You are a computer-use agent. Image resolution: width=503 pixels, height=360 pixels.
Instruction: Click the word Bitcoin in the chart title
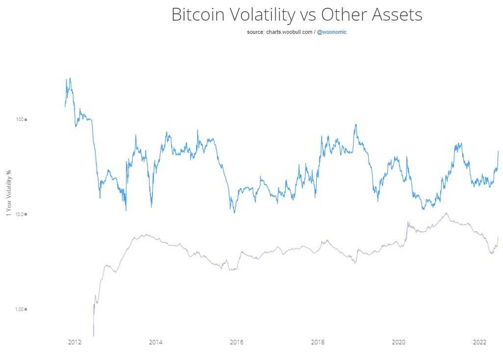[199, 15]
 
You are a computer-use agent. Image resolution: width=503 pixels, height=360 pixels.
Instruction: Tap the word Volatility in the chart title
[261, 15]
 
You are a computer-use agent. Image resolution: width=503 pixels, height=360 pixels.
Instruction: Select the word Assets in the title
[397, 15]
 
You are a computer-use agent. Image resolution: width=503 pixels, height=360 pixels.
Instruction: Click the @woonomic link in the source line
[332, 32]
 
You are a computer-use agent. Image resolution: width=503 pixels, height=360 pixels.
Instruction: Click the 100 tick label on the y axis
[20, 120]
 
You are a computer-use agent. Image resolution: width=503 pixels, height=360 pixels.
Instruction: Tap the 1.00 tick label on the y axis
[19, 309]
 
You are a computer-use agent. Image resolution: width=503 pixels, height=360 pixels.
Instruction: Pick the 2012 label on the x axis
[75, 342]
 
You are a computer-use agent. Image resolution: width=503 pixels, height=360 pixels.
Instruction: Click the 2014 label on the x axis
[155, 342]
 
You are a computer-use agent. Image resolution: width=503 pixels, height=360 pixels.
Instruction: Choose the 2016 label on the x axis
[236, 342]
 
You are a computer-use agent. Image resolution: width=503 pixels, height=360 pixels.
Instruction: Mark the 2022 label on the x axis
[479, 342]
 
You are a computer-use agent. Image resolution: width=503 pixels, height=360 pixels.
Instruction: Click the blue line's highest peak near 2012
[70, 78]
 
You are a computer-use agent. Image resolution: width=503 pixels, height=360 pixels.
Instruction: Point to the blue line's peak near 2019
[355, 124]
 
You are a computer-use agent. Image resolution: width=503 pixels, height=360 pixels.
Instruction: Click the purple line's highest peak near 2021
[446, 213]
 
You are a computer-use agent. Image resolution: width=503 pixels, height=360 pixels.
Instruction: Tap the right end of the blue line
[498, 151]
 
